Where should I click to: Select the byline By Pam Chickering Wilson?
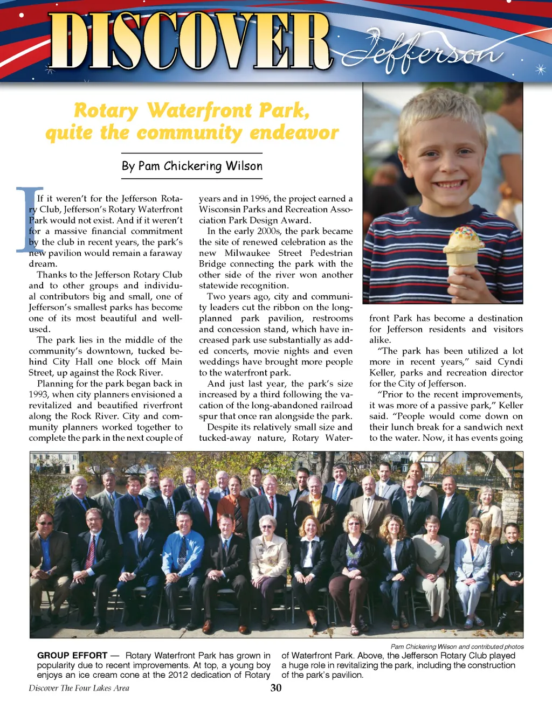192,166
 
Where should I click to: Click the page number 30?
276,688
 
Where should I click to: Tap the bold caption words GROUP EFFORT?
72,656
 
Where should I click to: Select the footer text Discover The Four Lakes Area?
79,688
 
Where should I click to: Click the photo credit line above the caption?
457,647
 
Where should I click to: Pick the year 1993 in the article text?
39,394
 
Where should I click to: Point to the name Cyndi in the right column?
510,362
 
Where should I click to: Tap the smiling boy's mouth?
448,184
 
